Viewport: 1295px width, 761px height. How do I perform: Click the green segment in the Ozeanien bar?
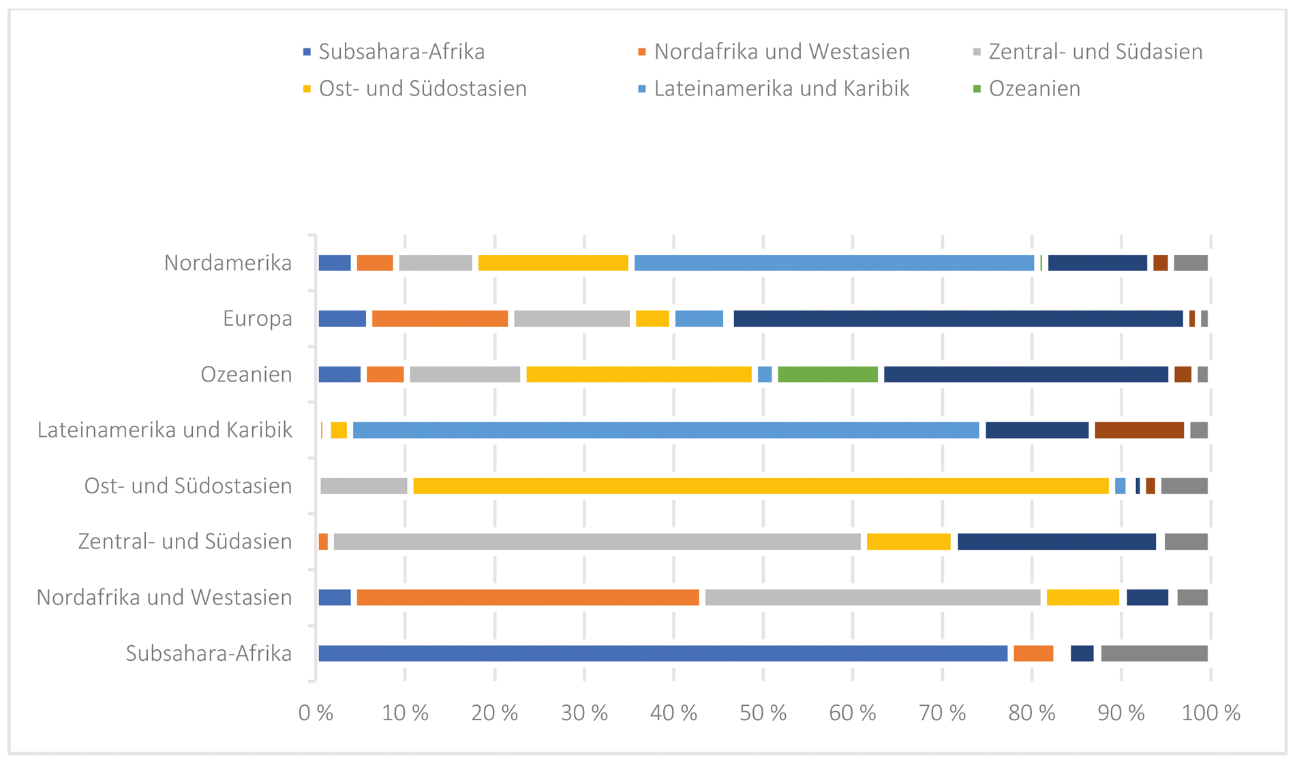pos(827,374)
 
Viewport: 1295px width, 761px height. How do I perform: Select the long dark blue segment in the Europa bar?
pos(958,318)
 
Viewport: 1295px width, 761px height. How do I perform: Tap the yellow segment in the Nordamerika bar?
pos(553,262)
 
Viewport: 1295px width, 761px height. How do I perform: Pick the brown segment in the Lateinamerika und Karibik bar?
pos(1139,430)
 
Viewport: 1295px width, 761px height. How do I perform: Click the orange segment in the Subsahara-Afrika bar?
pos(1033,653)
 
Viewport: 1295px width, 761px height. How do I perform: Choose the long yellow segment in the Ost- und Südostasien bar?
pos(761,486)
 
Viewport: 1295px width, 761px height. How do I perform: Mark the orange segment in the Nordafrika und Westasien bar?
pos(528,597)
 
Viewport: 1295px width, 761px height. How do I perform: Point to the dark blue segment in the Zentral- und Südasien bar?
pos(1056,542)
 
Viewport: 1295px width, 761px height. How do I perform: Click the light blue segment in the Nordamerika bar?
pos(834,262)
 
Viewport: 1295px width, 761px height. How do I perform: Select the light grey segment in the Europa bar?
pos(572,318)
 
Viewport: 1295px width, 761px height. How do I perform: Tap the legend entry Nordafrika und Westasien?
pos(781,52)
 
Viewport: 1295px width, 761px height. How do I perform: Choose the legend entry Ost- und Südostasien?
pos(422,89)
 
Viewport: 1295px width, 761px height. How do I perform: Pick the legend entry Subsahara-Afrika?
pos(401,52)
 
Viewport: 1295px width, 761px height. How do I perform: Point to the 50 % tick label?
pos(763,713)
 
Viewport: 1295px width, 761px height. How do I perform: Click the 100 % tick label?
pos(1210,713)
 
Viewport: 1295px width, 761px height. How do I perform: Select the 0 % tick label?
pos(316,713)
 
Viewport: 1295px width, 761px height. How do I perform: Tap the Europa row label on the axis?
pos(257,318)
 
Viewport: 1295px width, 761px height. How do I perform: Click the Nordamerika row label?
pos(228,262)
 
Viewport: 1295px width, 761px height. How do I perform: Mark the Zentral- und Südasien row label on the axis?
pos(185,542)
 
